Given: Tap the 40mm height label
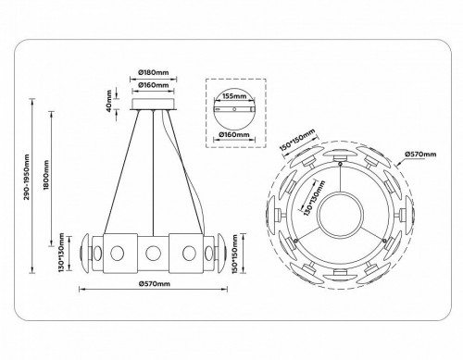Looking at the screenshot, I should coord(108,101).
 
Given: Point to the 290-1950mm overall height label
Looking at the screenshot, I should coord(28,191).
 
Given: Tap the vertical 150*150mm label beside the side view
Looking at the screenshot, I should coord(241,252).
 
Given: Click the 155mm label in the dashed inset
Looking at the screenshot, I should coord(234,95).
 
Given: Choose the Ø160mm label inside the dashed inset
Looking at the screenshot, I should coord(234,134).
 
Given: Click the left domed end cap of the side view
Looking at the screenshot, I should coord(85,252).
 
